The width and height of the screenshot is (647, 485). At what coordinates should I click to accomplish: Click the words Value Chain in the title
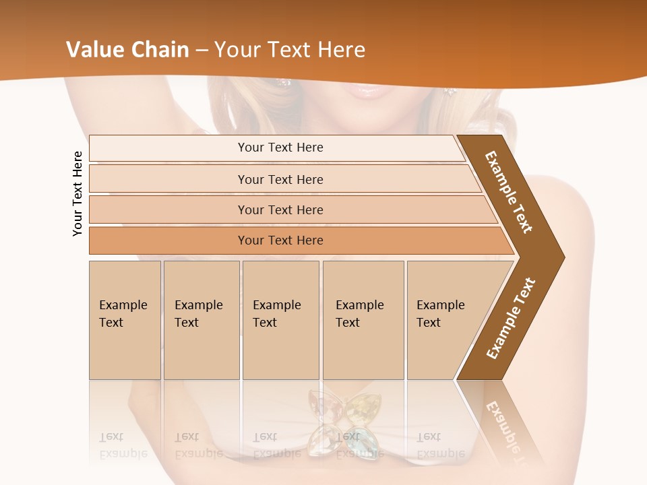tap(127, 50)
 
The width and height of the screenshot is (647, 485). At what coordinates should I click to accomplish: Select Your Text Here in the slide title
tap(290, 50)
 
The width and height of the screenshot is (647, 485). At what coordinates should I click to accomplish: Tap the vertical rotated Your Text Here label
tap(78, 193)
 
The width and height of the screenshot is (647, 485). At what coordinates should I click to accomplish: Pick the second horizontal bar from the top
tap(280, 179)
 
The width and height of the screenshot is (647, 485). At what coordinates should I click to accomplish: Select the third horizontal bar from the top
tap(280, 209)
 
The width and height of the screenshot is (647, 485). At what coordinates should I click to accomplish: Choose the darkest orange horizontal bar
tap(280, 240)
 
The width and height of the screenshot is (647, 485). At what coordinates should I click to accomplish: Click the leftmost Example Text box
tap(125, 319)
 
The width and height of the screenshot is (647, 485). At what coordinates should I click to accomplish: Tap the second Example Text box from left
tap(201, 319)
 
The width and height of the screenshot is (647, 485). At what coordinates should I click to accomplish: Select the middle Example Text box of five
tap(280, 319)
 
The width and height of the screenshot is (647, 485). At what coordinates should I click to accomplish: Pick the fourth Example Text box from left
tap(363, 319)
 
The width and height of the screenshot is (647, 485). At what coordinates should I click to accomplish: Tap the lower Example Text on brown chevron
tap(511, 319)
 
